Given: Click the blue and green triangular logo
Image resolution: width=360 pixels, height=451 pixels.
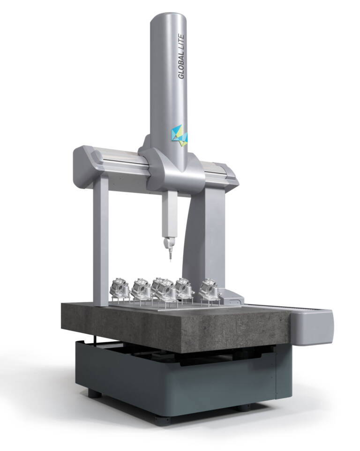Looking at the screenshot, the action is pos(180,135).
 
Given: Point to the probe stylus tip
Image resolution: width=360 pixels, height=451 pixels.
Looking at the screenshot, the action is pos(170,261).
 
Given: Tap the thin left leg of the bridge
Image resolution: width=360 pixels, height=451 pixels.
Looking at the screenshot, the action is pos(101,241).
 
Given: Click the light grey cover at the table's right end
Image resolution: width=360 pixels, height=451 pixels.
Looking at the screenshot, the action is pos(312,328).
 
